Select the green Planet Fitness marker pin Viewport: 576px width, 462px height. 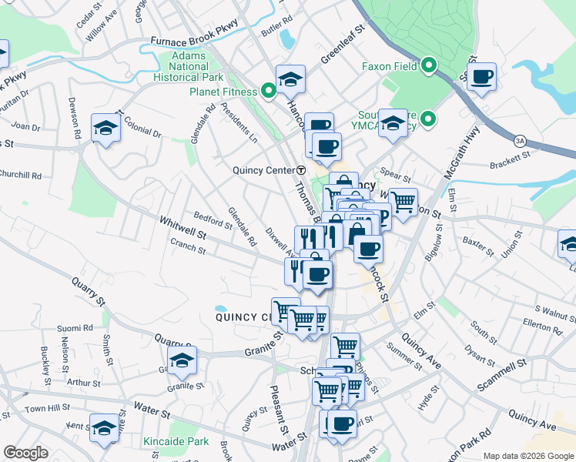[x=268, y=92]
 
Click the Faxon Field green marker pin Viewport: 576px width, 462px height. [x=430, y=66]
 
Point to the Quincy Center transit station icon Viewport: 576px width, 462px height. [x=301, y=169]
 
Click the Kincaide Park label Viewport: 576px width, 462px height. [x=176, y=442]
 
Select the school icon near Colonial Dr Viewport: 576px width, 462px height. [x=106, y=127]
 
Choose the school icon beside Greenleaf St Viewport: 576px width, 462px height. [x=290, y=79]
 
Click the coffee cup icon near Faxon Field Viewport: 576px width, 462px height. [x=481, y=77]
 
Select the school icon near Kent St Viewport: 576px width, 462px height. [x=104, y=428]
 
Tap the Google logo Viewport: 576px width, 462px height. [x=25, y=453]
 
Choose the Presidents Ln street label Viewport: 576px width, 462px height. [x=239, y=122]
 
